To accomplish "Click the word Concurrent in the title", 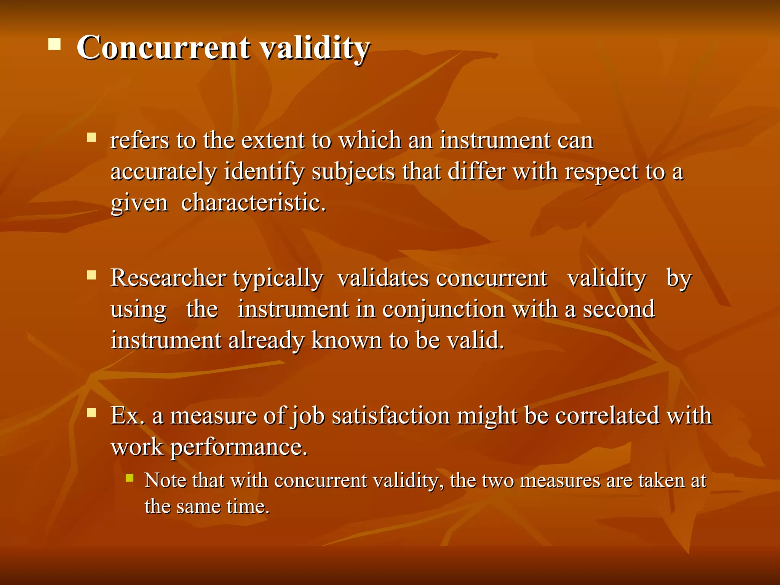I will [163, 48].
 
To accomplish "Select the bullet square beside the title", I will [55, 44].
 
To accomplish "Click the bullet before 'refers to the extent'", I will [91, 137].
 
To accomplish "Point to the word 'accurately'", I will [163, 172].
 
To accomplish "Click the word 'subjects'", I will [353, 172].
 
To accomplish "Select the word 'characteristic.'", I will [253, 203].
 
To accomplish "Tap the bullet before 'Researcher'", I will [91, 275].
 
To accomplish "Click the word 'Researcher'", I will [168, 278].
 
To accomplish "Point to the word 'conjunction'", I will [443, 309].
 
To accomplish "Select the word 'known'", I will [346, 340].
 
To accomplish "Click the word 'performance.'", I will [238, 447].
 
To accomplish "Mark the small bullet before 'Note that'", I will [129, 478].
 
